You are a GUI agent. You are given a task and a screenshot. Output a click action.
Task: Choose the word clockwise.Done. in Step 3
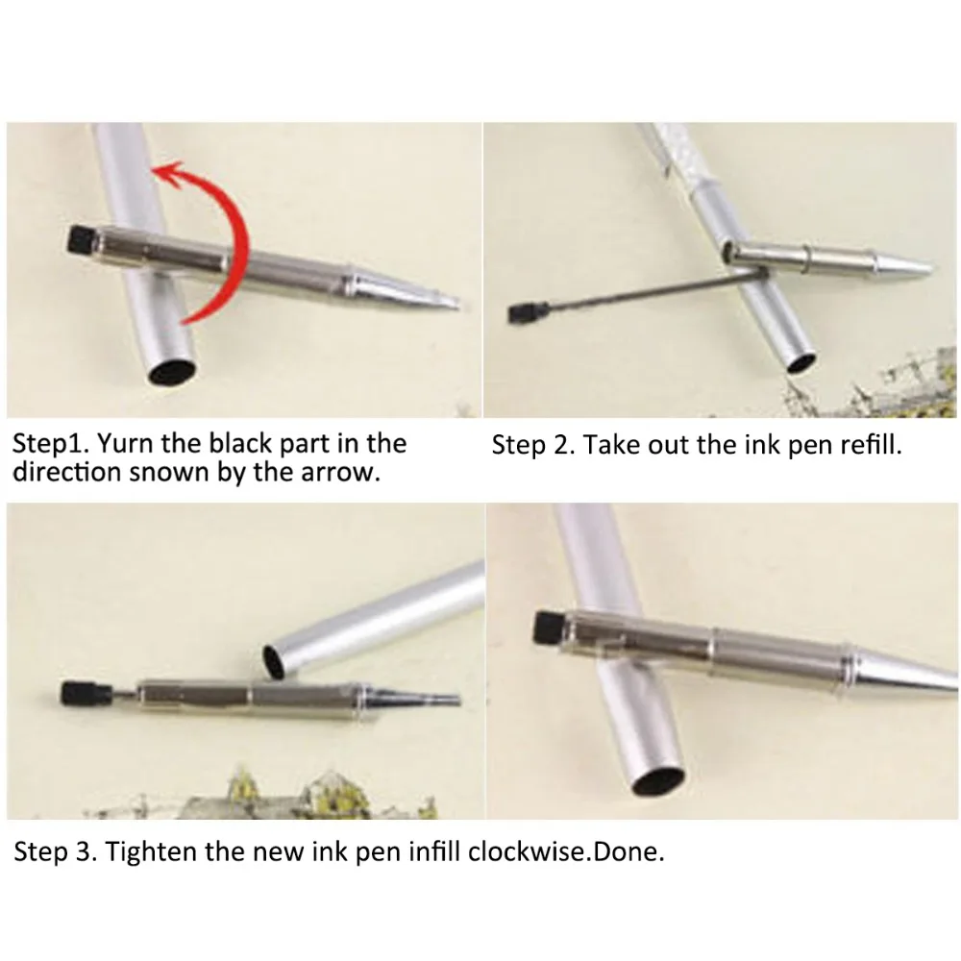point(566,851)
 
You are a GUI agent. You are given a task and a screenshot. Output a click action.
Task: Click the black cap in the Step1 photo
point(81,239)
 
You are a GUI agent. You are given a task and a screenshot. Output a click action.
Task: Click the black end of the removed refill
point(521,312)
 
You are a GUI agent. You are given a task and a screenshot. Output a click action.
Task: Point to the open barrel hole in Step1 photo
point(172,372)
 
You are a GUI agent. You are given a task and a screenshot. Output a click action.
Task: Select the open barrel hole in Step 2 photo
point(801,363)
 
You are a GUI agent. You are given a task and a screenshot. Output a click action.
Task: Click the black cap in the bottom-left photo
point(76,693)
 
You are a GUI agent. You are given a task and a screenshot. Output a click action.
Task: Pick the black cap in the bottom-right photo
point(548,627)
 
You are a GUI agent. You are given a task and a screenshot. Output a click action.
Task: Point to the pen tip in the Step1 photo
point(455,303)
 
